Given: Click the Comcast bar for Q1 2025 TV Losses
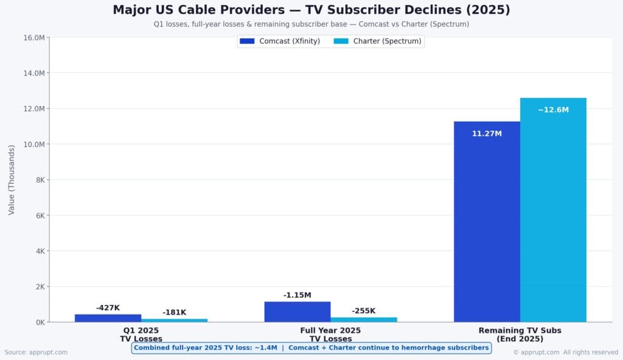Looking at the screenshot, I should [108, 318].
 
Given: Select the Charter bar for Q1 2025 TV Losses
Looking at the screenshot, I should [174, 320].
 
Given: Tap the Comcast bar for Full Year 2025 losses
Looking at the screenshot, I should [298, 311].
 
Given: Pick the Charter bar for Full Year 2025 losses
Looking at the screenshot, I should [364, 319].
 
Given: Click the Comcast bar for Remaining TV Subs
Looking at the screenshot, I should [487, 222].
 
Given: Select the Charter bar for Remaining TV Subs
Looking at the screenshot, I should [553, 210].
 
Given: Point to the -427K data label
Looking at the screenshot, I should [108, 308].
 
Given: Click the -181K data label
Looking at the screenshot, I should [175, 313].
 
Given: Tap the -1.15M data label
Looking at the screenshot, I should [298, 295].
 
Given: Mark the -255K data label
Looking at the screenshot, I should [364, 311].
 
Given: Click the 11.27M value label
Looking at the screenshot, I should [487, 133].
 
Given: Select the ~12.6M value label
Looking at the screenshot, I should [553, 110].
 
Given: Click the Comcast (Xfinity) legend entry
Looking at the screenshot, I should [280, 41].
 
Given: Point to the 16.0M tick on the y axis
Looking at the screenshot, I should [33, 38].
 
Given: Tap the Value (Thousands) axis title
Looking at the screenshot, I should [12, 180].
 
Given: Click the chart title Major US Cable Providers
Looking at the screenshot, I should [311, 10].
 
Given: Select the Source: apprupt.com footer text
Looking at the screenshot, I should [36, 352].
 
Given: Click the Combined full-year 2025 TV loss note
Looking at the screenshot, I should [311, 348].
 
